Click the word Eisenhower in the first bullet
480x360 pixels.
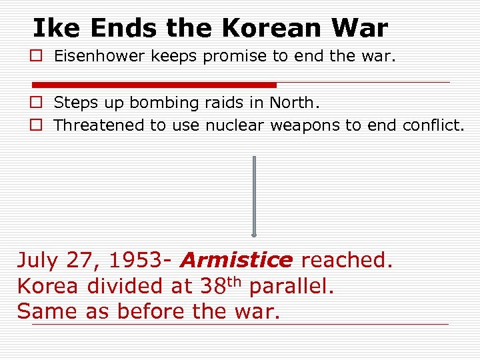click(99, 57)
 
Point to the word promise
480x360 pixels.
click(236, 57)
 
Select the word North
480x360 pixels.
click(292, 103)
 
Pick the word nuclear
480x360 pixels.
click(234, 125)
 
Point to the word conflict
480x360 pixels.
click(433, 125)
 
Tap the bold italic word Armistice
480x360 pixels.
click(237, 260)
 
